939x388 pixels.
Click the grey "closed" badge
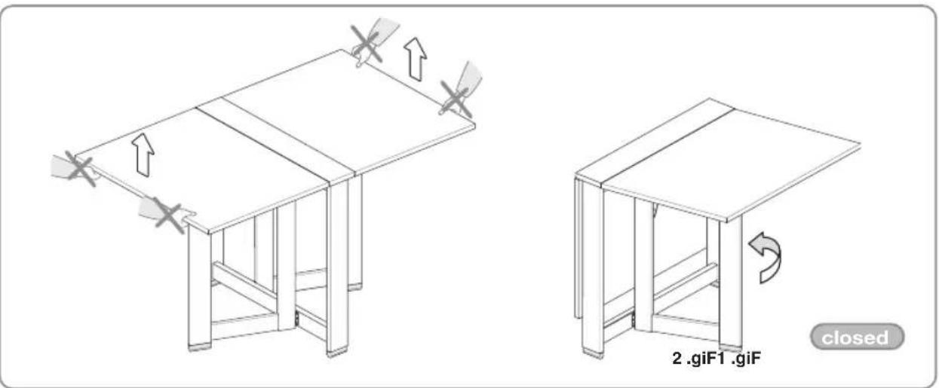(857, 337)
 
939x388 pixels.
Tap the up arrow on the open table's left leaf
(143, 154)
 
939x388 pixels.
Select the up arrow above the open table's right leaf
(416, 59)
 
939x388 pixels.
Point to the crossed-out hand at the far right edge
(459, 91)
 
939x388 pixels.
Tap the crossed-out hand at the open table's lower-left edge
(167, 214)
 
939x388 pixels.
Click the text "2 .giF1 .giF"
(716, 359)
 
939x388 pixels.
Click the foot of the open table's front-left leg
(200, 347)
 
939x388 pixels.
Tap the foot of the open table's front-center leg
(337, 353)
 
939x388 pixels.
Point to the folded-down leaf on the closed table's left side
(578, 248)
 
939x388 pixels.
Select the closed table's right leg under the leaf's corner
(730, 283)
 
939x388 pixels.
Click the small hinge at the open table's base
(297, 319)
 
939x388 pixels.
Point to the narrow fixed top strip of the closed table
(654, 142)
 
